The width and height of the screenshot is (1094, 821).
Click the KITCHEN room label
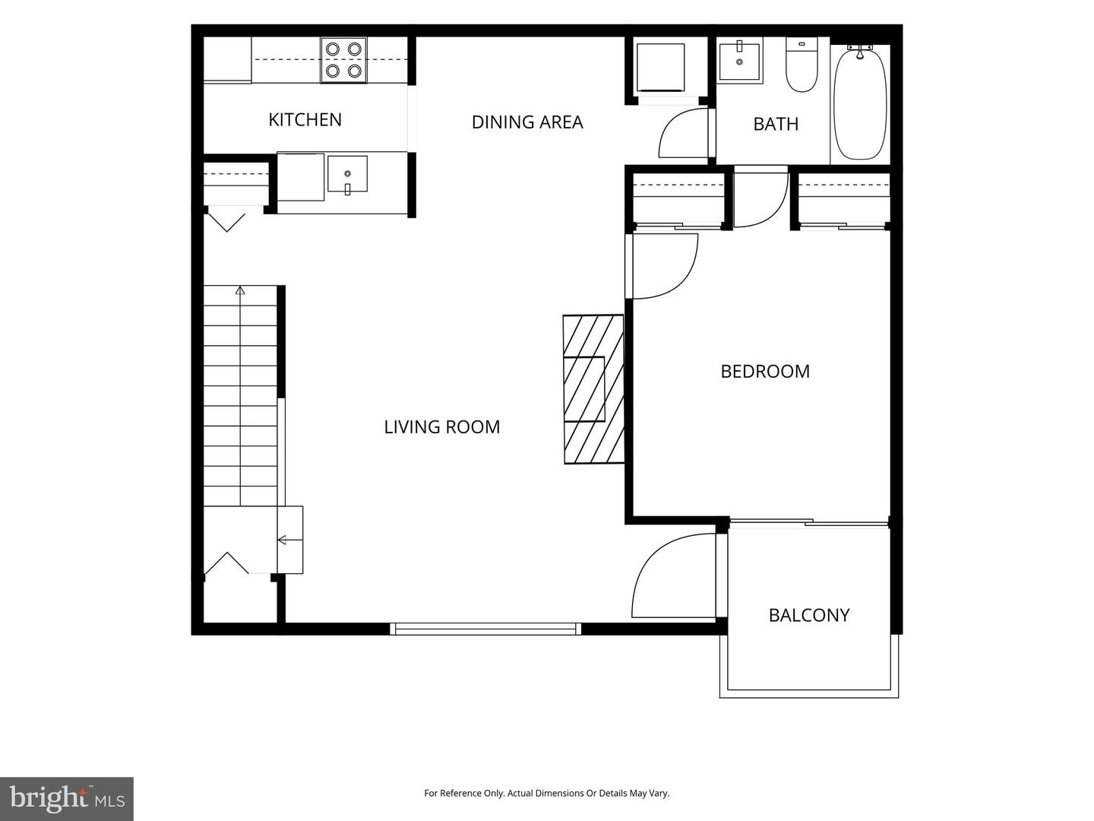pos(305,119)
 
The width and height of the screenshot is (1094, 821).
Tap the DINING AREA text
pos(526,122)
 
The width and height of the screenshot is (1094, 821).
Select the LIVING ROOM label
pos(441,426)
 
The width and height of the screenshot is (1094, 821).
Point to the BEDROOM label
pos(765,372)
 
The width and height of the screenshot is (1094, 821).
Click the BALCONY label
pos(809,615)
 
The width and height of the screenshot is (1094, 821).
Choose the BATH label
pos(776,124)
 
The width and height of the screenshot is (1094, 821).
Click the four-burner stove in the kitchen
pos(343,60)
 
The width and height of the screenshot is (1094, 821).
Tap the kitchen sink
pos(347,174)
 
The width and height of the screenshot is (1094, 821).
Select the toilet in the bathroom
pos(802,65)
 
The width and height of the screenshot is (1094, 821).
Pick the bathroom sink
pos(739,62)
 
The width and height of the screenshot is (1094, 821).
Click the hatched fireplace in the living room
pos(593,389)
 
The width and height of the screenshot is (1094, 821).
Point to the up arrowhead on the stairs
pos(240,290)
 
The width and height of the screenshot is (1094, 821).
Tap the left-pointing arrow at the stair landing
pos(289,540)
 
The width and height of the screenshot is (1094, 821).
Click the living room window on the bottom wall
pos(485,629)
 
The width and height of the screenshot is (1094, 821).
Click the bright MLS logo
pos(67,799)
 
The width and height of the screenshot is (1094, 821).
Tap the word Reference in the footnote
pos(466,793)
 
